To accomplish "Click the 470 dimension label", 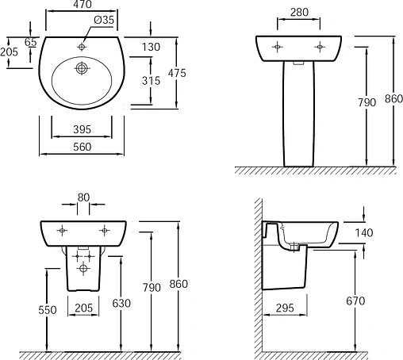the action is click(x=83, y=4).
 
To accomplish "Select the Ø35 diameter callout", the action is click(x=104, y=20).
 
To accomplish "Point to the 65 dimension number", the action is click(x=30, y=42).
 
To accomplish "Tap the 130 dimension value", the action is click(x=151, y=47).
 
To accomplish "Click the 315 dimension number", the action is click(x=151, y=81).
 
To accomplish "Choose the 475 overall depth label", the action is click(x=177, y=73).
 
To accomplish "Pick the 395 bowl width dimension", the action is click(x=82, y=129).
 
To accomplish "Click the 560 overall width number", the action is click(x=82, y=147).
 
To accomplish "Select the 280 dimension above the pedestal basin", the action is click(x=299, y=12).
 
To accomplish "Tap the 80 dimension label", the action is click(x=83, y=197).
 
